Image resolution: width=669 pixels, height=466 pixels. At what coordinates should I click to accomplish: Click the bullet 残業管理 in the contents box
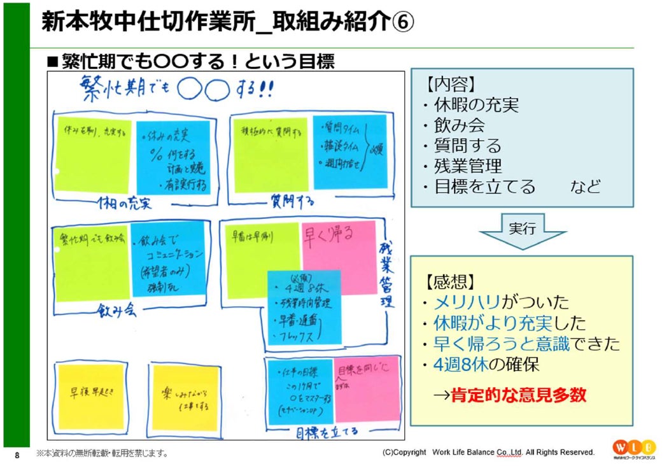468,166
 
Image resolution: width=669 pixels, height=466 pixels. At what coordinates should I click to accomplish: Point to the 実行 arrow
522,230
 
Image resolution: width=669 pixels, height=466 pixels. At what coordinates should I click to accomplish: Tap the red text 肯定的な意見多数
518,395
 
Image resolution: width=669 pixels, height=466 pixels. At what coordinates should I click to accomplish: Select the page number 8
17,455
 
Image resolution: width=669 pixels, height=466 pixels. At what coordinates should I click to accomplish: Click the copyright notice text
488,453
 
